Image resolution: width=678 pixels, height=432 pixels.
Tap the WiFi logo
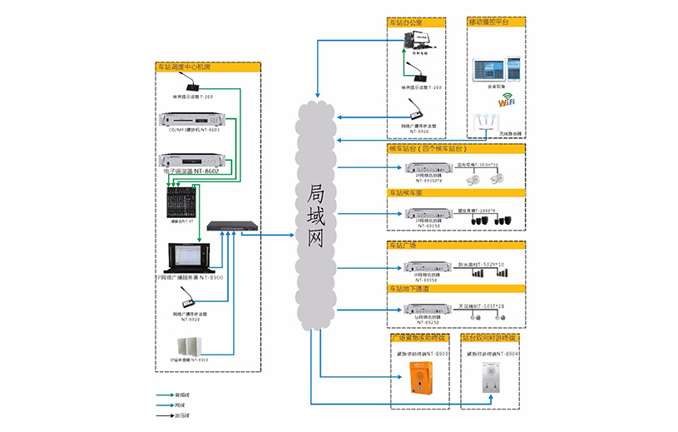507,101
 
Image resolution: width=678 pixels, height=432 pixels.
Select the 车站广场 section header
403,246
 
